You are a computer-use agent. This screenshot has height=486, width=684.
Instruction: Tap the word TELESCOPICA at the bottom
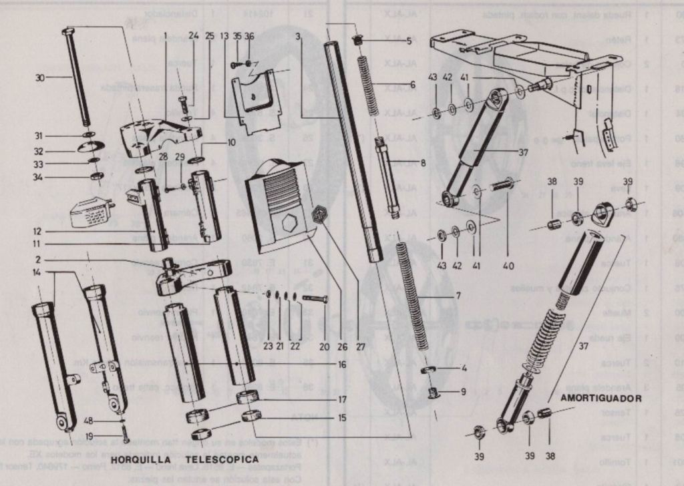(x=222, y=460)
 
